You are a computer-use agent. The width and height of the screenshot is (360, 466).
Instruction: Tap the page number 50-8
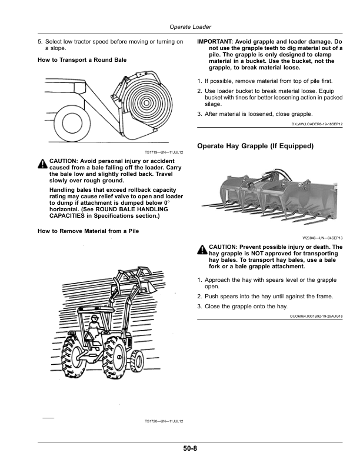189,450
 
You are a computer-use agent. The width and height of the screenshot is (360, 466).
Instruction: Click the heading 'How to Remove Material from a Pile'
88,231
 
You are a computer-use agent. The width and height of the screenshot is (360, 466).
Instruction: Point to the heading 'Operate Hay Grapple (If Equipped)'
256,145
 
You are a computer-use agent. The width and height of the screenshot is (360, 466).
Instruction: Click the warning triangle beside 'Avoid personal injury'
43,164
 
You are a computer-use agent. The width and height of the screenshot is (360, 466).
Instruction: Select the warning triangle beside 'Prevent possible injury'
202,249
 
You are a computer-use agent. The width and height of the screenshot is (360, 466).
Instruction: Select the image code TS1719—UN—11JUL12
164,152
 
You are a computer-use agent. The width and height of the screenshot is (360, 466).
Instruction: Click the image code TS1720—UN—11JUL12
164,421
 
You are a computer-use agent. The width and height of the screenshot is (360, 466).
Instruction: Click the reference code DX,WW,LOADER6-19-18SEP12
317,125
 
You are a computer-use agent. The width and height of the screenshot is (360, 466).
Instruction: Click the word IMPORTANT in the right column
215,42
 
